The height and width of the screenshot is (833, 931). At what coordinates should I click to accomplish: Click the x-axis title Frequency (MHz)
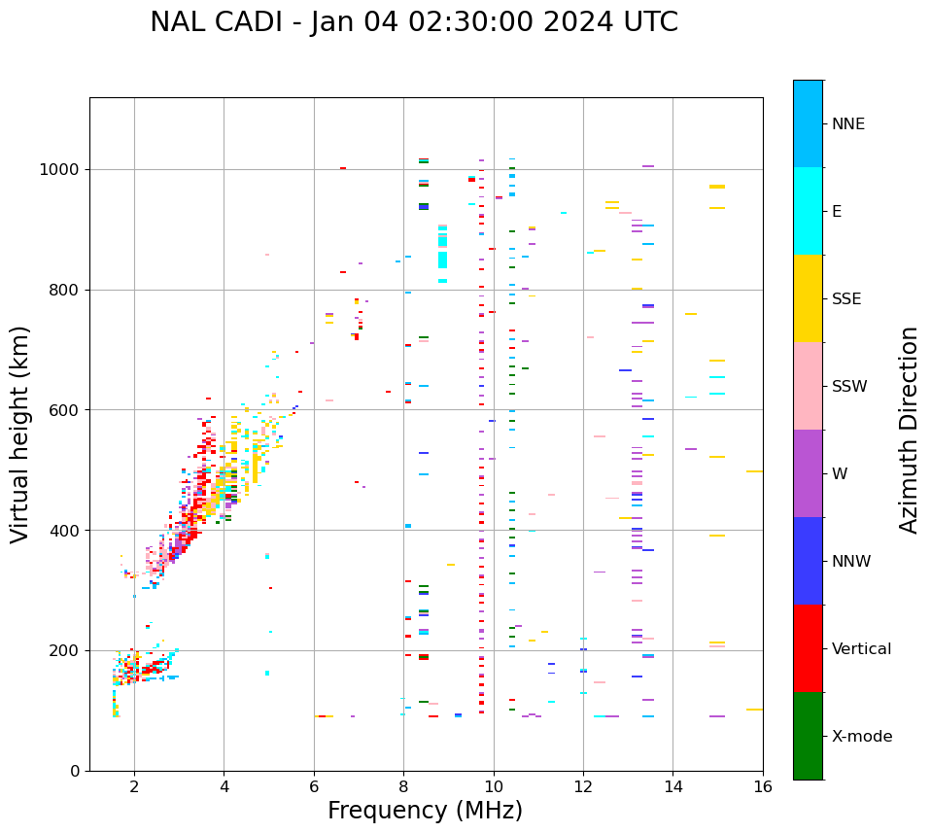click(x=425, y=811)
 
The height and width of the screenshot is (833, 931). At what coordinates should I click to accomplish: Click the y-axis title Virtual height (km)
click(x=20, y=434)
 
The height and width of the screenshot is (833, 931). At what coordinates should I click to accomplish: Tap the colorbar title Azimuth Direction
click(x=909, y=430)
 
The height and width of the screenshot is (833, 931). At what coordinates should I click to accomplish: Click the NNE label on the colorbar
click(x=847, y=124)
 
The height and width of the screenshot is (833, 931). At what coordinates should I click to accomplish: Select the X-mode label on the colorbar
click(x=861, y=737)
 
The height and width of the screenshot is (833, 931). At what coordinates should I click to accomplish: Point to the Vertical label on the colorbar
click(x=861, y=649)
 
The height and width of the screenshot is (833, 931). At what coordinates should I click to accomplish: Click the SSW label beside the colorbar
click(x=849, y=387)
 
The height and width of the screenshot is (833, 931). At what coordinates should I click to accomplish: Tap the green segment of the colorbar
click(x=808, y=736)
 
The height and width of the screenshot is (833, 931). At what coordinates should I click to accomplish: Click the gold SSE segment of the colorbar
click(x=808, y=298)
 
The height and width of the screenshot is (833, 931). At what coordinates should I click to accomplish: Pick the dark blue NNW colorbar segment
click(x=808, y=561)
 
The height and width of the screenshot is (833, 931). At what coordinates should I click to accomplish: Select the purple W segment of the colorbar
click(x=808, y=473)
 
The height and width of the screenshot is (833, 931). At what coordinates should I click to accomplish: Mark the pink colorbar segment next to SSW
click(x=808, y=386)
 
